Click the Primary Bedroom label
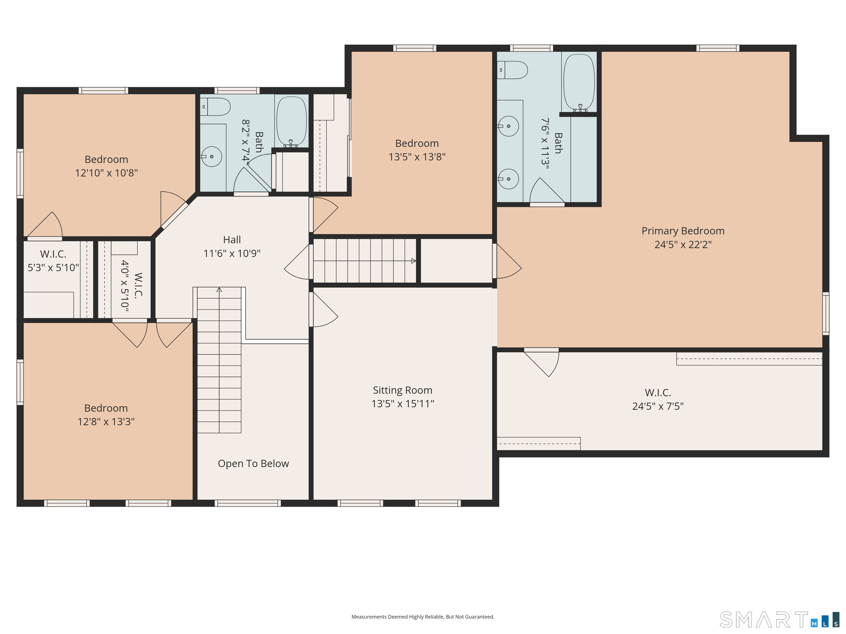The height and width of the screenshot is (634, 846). pyautogui.click(x=683, y=231)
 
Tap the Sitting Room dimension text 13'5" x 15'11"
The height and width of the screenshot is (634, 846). pyautogui.click(x=403, y=404)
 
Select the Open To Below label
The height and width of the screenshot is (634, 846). pyautogui.click(x=253, y=464)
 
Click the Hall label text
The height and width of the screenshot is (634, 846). pyautogui.click(x=232, y=240)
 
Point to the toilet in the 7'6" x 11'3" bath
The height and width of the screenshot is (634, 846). pyautogui.click(x=512, y=70)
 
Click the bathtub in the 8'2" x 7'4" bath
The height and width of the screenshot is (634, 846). pyautogui.click(x=291, y=121)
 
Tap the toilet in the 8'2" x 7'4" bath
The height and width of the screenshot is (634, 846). pyautogui.click(x=215, y=106)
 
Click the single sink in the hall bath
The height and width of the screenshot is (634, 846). pyautogui.click(x=211, y=157)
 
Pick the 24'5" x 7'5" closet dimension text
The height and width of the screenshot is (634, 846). pyautogui.click(x=658, y=406)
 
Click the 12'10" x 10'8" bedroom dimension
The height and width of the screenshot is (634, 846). pyautogui.click(x=106, y=173)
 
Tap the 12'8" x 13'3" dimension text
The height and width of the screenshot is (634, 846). pyautogui.click(x=106, y=422)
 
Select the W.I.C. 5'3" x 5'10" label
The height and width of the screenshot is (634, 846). pyautogui.click(x=53, y=261)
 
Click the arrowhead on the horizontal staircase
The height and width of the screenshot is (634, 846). pyautogui.click(x=413, y=261)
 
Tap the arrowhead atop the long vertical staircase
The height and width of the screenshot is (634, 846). pyautogui.click(x=219, y=290)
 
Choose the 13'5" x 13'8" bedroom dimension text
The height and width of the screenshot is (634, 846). pyautogui.click(x=417, y=157)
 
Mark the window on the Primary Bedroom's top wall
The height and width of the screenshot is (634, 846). pyautogui.click(x=717, y=48)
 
